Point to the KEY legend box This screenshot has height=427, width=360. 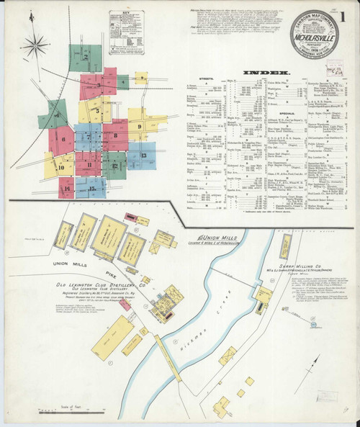[x=126, y=42]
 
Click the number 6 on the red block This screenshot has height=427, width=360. [x=64, y=139]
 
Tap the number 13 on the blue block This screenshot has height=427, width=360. [x=143, y=155]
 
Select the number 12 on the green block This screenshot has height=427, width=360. [x=114, y=166]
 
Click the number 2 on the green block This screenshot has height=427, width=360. [x=85, y=56]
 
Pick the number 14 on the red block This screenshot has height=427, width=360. [x=66, y=190]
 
